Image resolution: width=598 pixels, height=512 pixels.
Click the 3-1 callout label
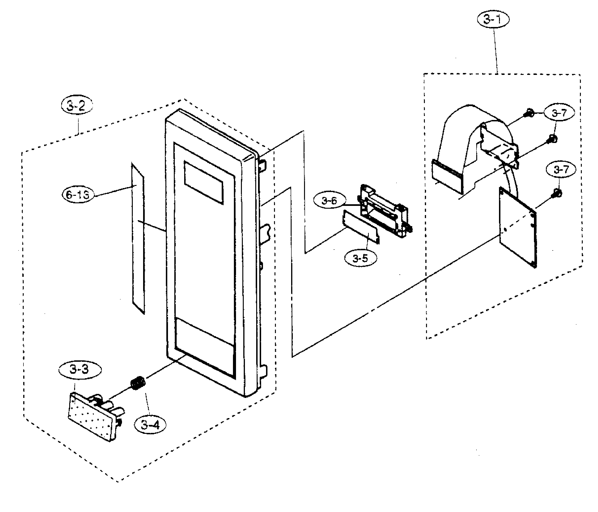pyautogui.click(x=493, y=20)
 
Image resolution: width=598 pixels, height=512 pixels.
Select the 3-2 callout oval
pyautogui.click(x=76, y=106)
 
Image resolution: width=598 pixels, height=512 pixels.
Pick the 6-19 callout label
pyautogui.click(x=78, y=195)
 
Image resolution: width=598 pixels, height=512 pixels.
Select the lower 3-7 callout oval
pyautogui.click(x=560, y=169)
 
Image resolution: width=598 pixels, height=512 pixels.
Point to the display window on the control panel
pyautogui.click(x=203, y=182)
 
